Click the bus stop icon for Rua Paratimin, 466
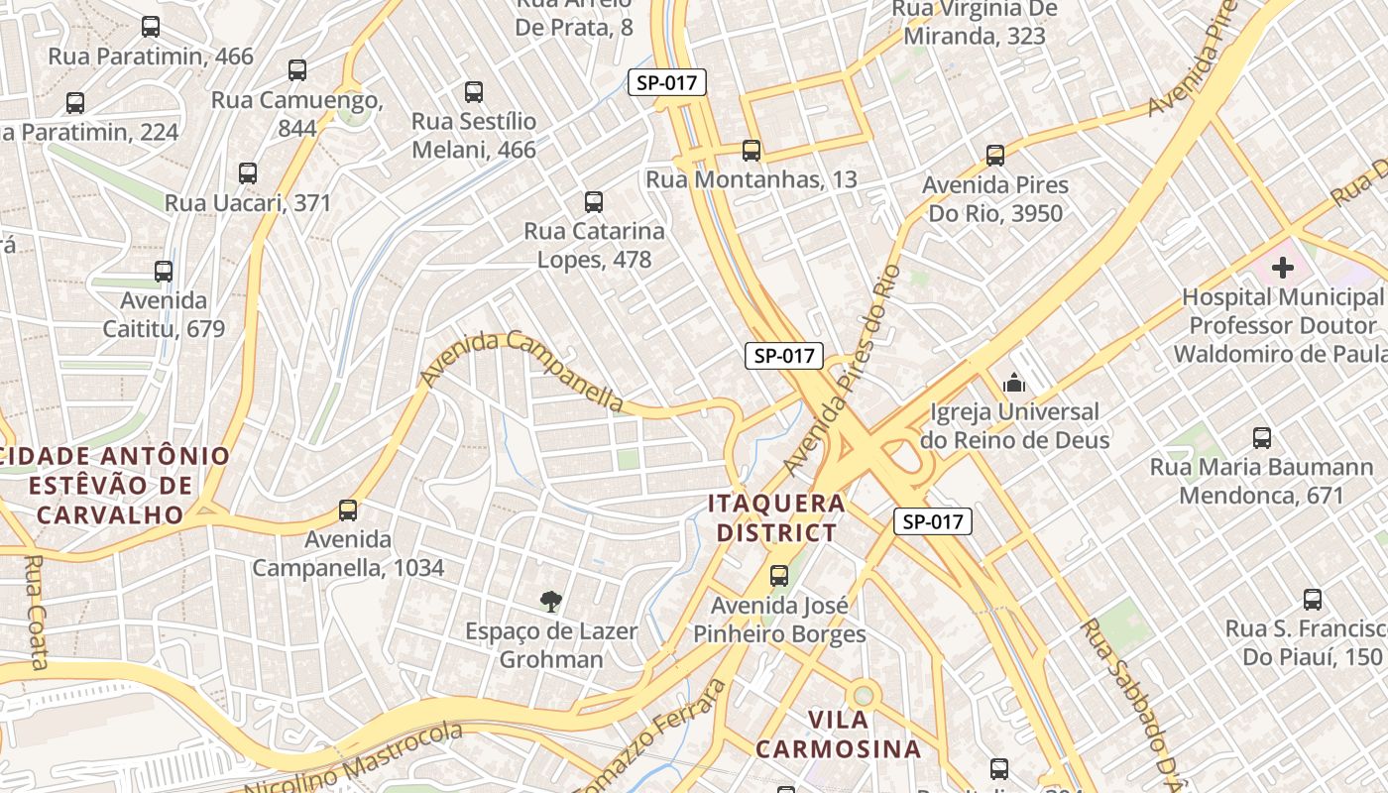pos(151,27)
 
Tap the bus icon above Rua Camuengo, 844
pos(297,70)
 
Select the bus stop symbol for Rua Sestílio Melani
pos(474,92)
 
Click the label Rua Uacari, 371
pos(248,202)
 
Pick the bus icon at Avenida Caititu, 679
pos(164,271)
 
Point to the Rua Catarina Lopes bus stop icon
pos(594,202)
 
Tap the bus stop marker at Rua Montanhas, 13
pos(752,151)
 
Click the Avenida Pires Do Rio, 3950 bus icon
pos(995,156)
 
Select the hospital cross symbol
pos(1283,267)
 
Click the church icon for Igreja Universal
pos(1014,383)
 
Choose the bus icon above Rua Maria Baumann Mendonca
pos(1262,437)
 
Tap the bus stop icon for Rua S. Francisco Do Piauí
pos(1313,599)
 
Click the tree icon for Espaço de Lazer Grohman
pos(551,601)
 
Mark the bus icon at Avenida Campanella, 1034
pos(348,510)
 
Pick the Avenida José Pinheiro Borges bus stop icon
pos(779,575)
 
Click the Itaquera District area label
pos(777,517)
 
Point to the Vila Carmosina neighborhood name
pos(838,734)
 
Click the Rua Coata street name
pos(35,612)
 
